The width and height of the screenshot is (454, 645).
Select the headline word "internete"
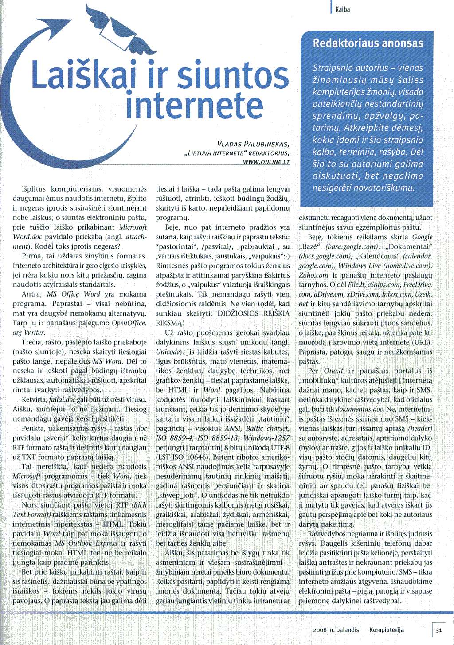[195, 105]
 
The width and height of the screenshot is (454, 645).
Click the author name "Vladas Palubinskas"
[253, 144]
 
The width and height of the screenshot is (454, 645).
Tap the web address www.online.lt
[266, 162]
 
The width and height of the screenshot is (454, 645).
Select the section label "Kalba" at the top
[343, 9]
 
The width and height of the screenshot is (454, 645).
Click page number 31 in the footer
[438, 630]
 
